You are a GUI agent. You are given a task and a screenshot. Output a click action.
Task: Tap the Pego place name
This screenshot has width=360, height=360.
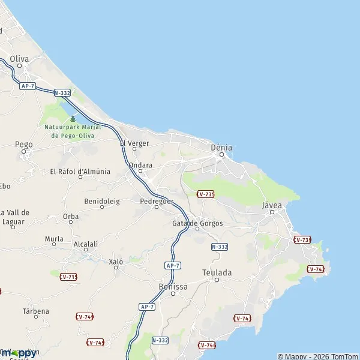coord(24,145)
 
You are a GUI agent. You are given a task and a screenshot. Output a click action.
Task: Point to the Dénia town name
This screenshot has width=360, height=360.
coord(221,147)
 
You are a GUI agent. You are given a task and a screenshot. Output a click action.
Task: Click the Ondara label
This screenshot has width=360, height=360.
coord(140,165)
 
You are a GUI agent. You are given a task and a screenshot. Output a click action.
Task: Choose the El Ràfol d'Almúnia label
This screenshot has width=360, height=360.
coord(80,172)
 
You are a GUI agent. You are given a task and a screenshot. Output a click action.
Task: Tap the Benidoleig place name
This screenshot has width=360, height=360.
coord(102,201)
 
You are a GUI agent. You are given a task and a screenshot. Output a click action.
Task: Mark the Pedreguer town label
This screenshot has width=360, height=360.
coord(156,202)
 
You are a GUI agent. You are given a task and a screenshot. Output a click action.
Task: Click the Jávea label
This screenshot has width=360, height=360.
coord(272,205)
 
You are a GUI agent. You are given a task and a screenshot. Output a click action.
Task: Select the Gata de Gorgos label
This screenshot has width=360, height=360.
coord(197,223)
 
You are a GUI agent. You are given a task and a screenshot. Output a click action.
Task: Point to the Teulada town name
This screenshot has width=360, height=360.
coord(217,272)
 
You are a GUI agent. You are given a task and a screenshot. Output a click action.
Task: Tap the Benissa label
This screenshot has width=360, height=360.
coord(173,287)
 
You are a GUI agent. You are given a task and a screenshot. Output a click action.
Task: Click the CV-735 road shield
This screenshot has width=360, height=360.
coord(205,194)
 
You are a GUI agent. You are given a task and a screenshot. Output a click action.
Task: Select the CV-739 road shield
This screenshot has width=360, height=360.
coord(302,239)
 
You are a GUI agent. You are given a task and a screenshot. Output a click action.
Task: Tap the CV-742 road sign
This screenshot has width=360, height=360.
coord(316,269)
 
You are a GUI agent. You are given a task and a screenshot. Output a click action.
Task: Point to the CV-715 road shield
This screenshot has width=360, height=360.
coord(68,277)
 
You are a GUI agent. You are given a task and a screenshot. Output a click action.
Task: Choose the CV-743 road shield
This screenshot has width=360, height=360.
coord(242,318)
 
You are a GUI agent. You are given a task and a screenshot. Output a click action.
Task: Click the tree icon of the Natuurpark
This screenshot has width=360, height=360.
coord(73,119)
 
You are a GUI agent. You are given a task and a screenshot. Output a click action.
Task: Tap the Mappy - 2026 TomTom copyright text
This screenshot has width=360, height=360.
coord(318,356)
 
